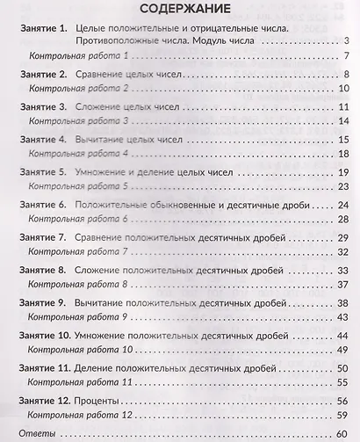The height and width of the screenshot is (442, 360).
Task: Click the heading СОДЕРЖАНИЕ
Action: tap(179, 10)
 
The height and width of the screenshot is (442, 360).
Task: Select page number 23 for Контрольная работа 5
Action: tap(345, 187)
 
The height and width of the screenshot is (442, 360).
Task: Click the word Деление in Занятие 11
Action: tap(105, 367)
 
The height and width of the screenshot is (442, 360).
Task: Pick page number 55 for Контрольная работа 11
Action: tap(345, 382)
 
